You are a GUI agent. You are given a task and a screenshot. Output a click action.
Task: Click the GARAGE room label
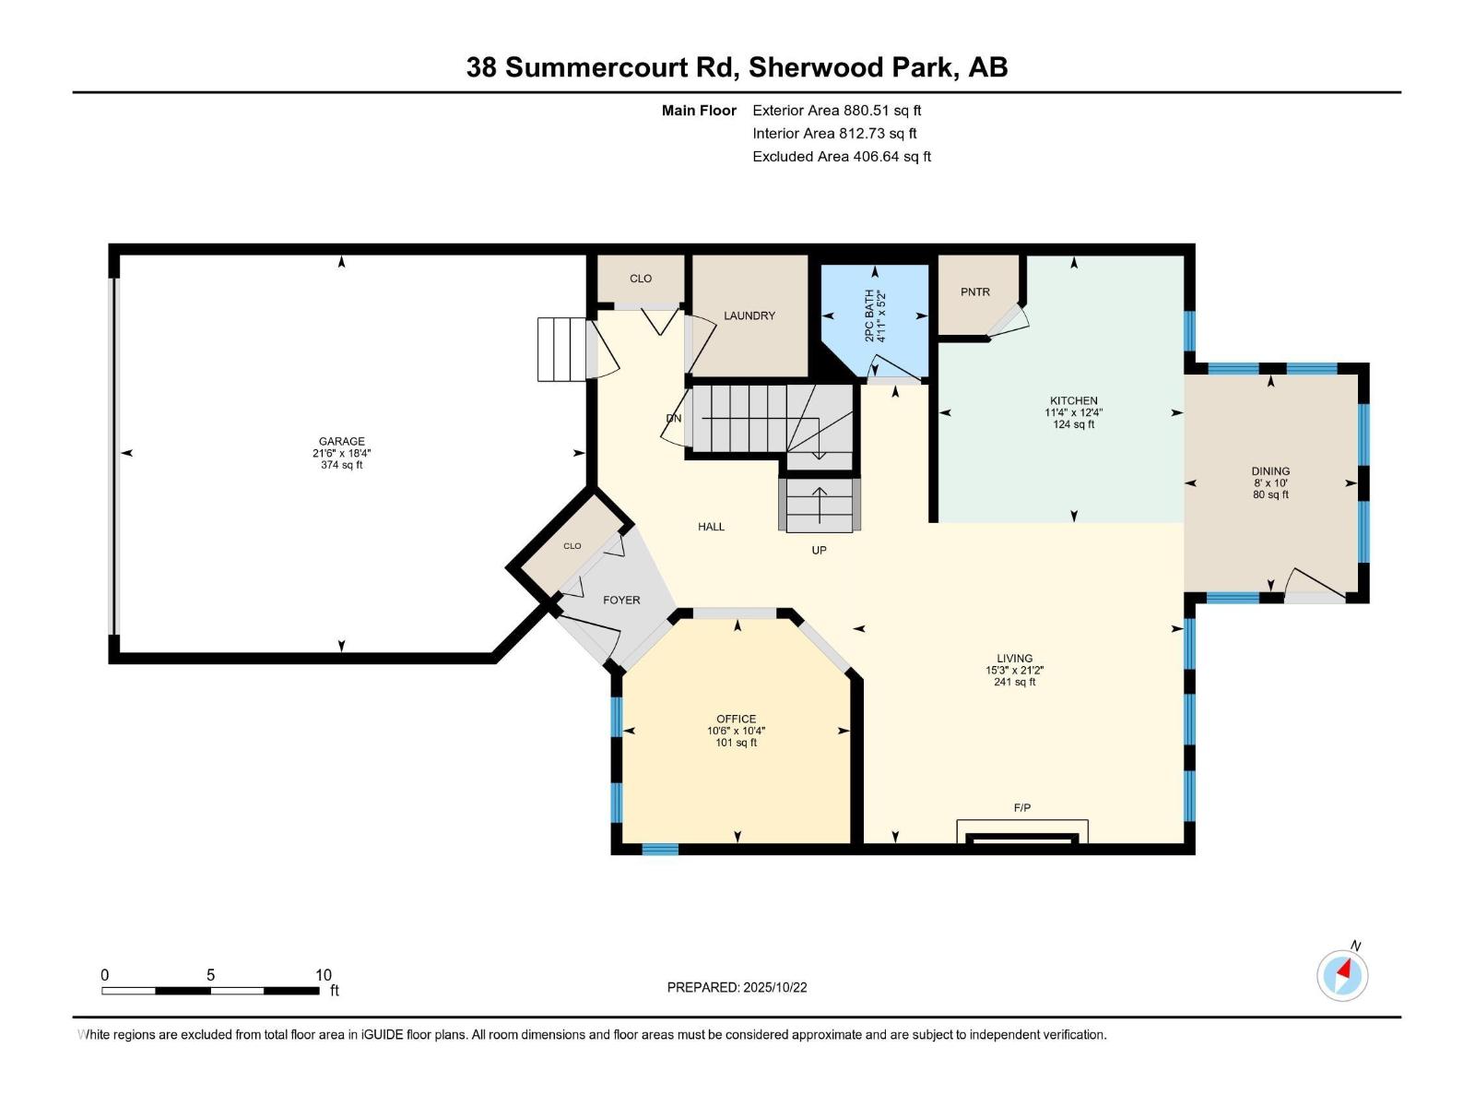click(x=341, y=441)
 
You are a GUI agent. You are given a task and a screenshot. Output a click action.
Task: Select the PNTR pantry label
click(x=974, y=292)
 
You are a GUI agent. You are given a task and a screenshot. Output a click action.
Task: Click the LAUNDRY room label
click(x=749, y=315)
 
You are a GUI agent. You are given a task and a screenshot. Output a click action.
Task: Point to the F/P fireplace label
click(x=1021, y=807)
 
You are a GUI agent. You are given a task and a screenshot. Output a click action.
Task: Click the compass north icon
click(x=1343, y=974)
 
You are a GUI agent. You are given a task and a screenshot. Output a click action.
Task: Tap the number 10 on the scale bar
click(x=323, y=974)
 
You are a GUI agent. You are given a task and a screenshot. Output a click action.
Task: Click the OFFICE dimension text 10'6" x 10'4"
click(x=736, y=731)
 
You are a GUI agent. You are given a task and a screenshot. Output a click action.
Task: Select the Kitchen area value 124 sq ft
click(x=1073, y=424)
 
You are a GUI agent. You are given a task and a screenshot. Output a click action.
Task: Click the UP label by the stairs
click(x=819, y=550)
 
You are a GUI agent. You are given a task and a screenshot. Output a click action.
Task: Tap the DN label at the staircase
click(x=674, y=418)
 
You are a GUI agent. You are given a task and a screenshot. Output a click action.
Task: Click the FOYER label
click(x=621, y=600)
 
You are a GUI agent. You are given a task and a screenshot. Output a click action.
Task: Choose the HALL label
click(x=711, y=527)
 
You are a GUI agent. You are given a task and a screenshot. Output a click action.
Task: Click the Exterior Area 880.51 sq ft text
click(x=836, y=110)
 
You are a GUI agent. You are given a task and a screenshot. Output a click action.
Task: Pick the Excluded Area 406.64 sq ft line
click(x=841, y=156)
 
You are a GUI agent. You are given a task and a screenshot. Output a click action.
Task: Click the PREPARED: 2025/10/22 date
click(x=737, y=987)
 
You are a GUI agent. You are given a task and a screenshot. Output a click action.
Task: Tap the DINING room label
click(x=1269, y=470)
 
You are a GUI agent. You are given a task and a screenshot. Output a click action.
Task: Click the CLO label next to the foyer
click(x=572, y=546)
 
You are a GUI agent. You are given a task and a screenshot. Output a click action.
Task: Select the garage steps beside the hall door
click(x=561, y=349)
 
